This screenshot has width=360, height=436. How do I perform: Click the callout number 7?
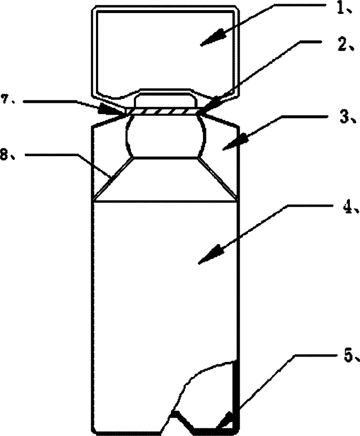click(5, 99)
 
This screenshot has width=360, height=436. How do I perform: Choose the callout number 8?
click(5, 155)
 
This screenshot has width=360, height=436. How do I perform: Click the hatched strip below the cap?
click(162, 111)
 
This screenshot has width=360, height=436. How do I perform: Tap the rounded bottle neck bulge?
click(165, 136)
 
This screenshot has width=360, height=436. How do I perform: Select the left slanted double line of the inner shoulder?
click(113, 178)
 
